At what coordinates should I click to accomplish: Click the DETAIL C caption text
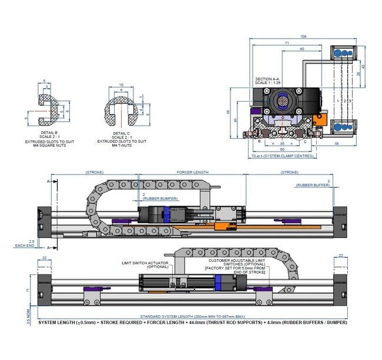pos(123,134)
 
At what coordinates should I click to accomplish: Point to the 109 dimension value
pos(303,36)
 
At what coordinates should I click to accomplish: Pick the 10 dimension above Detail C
pos(120,85)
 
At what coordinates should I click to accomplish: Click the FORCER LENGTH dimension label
pos(193,173)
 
